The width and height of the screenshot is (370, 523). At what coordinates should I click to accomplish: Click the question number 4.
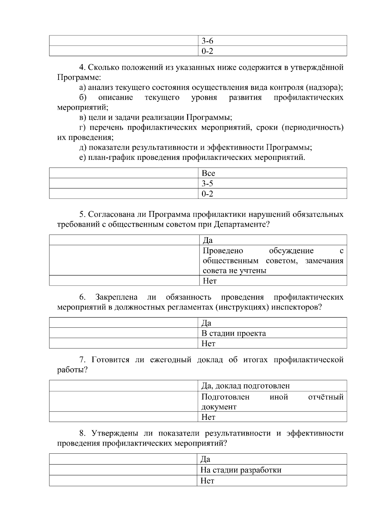(82, 67)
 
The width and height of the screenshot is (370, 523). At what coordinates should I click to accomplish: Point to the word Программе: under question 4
(79, 77)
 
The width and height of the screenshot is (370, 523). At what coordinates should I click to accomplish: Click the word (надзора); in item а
(325, 87)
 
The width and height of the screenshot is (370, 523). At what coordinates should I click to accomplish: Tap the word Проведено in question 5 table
(223, 251)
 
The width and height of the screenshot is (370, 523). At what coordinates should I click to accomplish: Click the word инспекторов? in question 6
(296, 307)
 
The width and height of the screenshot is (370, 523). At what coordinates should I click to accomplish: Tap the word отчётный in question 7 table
(326, 397)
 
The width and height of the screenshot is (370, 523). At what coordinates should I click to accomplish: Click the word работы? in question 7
(72, 370)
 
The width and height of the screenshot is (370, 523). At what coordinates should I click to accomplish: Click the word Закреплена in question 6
(116, 297)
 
